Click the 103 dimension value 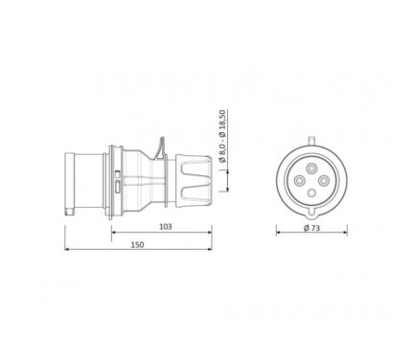(x=166, y=227)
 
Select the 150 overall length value (x=137, y=245)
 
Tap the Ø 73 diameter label (x=311, y=228)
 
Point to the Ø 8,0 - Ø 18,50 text (x=222, y=136)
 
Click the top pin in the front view (x=311, y=168)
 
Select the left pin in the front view (x=299, y=181)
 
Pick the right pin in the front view (x=324, y=181)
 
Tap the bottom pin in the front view (x=311, y=193)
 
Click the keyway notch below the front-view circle (x=311, y=212)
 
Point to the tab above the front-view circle (x=311, y=141)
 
